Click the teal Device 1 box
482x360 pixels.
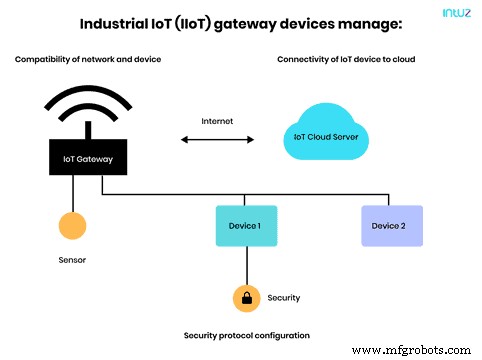point(245,226)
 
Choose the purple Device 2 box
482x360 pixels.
point(391,226)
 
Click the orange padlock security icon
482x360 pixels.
point(245,297)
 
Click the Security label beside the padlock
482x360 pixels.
point(284,298)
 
